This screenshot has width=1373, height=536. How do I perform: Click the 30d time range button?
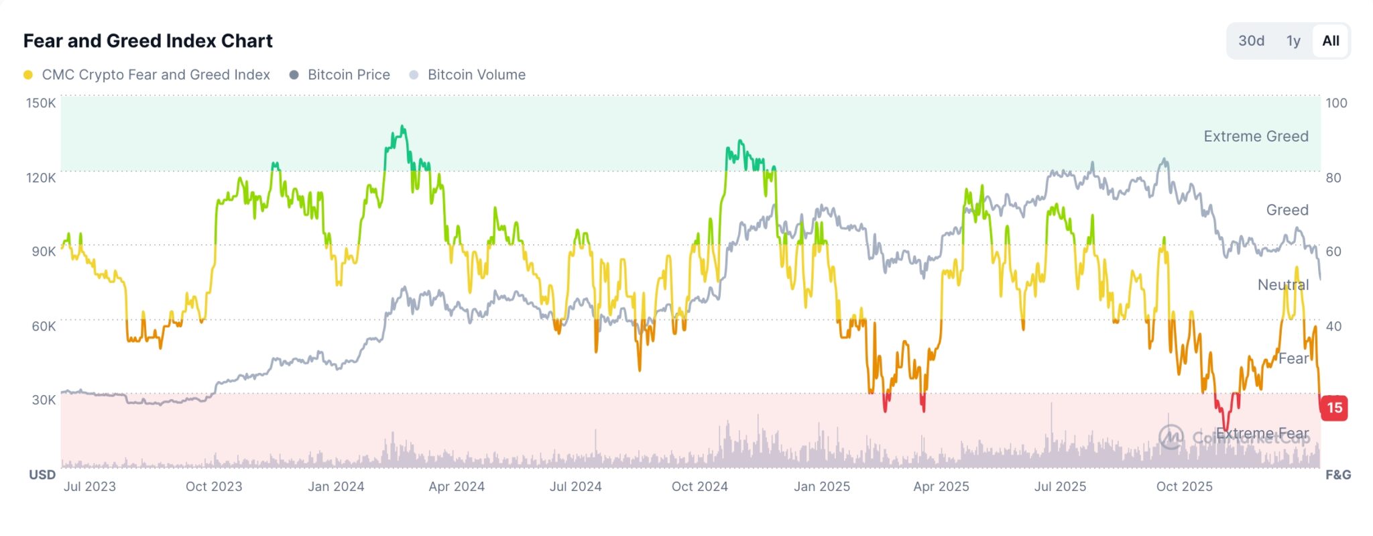coord(1251,41)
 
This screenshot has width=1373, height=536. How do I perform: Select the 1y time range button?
coord(1293,41)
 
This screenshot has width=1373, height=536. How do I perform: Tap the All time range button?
coord(1330,41)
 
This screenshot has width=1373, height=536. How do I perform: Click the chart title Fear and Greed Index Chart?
coord(147,41)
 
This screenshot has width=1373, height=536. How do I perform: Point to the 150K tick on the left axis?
coord(41,103)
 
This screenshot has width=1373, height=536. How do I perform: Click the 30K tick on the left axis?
coord(44,400)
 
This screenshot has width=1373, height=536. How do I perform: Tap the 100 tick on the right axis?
coord(1336,103)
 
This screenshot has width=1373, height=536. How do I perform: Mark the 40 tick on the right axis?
coord(1333,326)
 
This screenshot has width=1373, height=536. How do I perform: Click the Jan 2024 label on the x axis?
coord(336,486)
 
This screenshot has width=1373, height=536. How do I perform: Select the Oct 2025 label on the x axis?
coord(1184,486)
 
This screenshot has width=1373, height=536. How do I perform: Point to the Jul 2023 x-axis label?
coord(90,486)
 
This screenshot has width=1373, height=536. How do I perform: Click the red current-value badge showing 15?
coord(1334,408)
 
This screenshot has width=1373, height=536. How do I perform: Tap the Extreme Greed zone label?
coord(1256,136)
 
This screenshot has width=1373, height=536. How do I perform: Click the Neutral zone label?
coord(1282,285)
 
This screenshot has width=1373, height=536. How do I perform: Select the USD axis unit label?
coord(42,475)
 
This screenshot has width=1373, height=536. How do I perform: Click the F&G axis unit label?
coord(1338,475)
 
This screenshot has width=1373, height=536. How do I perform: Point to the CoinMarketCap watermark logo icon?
coord(1171,437)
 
